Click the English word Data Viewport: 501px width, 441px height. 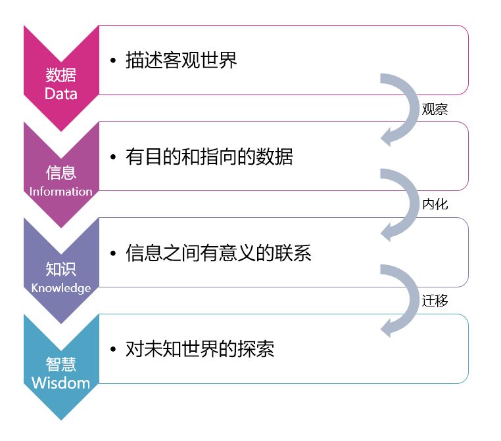[x=60, y=94]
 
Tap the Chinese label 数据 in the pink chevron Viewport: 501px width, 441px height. [x=60, y=74]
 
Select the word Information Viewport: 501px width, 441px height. [x=60, y=192]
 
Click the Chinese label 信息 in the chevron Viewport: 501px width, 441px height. [x=60, y=172]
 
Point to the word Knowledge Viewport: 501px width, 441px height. [x=60, y=288]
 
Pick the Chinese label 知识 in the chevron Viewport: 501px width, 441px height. [x=60, y=268]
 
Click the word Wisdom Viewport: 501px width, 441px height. [x=60, y=383]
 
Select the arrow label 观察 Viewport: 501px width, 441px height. [x=435, y=110]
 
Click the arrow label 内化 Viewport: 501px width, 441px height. [x=435, y=205]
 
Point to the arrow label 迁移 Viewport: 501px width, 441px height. [x=435, y=301]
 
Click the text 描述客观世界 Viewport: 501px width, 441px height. [x=181, y=60]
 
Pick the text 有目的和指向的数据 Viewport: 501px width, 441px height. [x=209, y=157]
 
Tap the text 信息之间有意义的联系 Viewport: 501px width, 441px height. [x=218, y=253]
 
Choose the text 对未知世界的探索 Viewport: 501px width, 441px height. [x=200, y=349]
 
